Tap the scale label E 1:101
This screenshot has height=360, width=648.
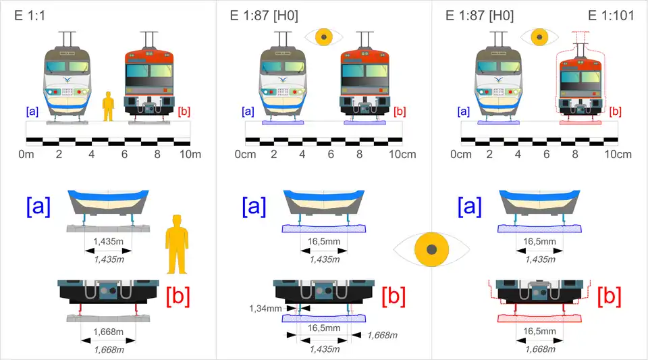click(x=611, y=15)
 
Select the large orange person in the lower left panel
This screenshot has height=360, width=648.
click(x=177, y=245)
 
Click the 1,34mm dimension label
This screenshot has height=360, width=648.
click(x=265, y=308)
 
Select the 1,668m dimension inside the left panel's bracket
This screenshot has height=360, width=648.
click(x=108, y=332)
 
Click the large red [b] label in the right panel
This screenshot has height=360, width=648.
click(x=609, y=296)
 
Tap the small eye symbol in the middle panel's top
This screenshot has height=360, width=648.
click(x=324, y=36)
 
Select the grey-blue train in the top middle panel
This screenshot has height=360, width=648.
click(x=283, y=81)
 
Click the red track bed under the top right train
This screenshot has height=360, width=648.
click(x=580, y=122)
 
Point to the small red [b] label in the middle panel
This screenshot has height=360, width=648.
click(x=400, y=111)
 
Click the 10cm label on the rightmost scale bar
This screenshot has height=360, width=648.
click(x=618, y=155)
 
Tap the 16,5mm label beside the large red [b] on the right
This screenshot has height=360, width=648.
click(x=540, y=332)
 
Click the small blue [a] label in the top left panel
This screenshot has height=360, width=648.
click(x=31, y=111)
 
